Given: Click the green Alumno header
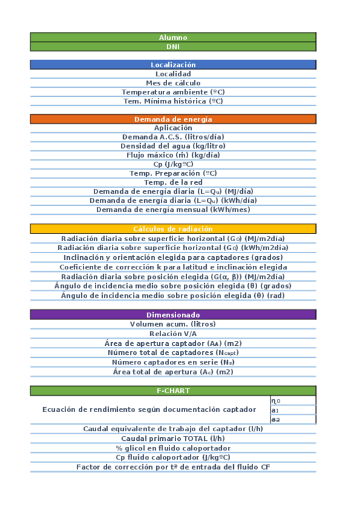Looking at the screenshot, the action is coord(173,37).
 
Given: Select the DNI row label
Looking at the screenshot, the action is coord(173,46).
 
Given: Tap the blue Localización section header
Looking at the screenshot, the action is coord(173,65).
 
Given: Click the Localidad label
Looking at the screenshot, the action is coord(173,74).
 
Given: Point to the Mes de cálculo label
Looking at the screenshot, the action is coord(173,83).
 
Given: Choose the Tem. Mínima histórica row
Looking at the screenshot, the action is coord(173,101).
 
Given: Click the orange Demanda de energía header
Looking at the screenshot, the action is coord(173,119).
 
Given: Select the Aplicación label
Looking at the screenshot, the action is coord(173,127).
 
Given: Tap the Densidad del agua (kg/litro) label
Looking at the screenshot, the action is coord(173,146).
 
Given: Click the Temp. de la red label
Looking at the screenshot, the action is coord(173,182).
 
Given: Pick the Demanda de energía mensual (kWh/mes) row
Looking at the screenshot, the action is coord(173,210).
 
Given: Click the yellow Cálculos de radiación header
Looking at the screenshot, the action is coord(173,229).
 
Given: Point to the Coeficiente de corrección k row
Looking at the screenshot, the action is coord(173,267).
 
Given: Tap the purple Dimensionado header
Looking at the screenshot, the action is coord(173,315).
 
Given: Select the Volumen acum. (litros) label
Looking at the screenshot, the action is coord(173,324).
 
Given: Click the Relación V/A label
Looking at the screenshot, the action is coord(173,334).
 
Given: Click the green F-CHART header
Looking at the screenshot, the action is coord(173,391).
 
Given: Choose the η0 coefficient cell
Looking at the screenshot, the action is coord(293,401).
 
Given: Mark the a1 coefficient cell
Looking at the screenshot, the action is coord(293,410).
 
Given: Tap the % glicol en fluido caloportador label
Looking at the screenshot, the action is coord(173,448).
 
